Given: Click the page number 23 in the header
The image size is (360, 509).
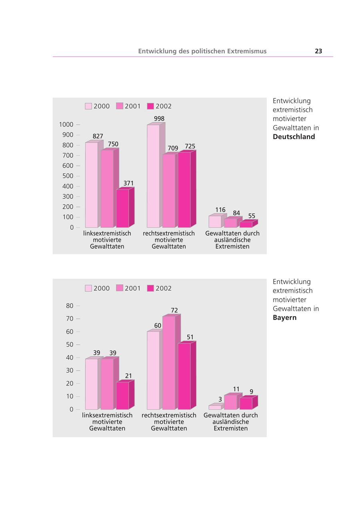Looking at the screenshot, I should pyautogui.click(x=318, y=51).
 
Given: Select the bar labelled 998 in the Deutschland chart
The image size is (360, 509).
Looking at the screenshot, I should pyautogui.click(x=153, y=176).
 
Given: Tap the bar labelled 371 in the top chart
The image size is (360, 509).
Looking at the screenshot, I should pyautogui.click(x=122, y=208).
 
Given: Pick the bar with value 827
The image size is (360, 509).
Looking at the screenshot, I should pyautogui.click(x=92, y=185).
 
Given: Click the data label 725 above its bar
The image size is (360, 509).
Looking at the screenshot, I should pyautogui.click(x=190, y=146).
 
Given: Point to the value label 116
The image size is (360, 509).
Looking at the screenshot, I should pyautogui.click(x=220, y=210).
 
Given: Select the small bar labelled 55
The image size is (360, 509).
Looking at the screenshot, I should pyautogui.click(x=246, y=224).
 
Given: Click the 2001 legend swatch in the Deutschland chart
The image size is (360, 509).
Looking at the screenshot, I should pyautogui.click(x=120, y=106).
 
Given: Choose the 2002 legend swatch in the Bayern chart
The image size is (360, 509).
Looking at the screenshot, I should pyautogui.click(x=150, y=288).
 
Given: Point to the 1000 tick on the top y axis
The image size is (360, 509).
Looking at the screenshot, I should pyautogui.click(x=66, y=125).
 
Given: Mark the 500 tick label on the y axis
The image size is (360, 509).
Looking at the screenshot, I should pyautogui.click(x=68, y=176).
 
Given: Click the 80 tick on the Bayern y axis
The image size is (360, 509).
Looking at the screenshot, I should pyautogui.click(x=70, y=306).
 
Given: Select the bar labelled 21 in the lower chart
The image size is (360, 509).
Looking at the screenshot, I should pyautogui.click(x=122, y=395).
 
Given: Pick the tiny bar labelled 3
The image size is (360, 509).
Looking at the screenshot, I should pyautogui.click(x=215, y=407).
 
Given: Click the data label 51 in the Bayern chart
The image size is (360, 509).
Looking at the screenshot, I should pyautogui.click(x=190, y=337).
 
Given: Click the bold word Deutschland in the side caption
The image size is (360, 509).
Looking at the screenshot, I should pyautogui.click(x=294, y=137).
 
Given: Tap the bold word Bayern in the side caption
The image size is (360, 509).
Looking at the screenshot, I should pyautogui.click(x=284, y=318).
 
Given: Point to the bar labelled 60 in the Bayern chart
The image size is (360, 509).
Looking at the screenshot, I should pyautogui.click(x=153, y=370).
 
